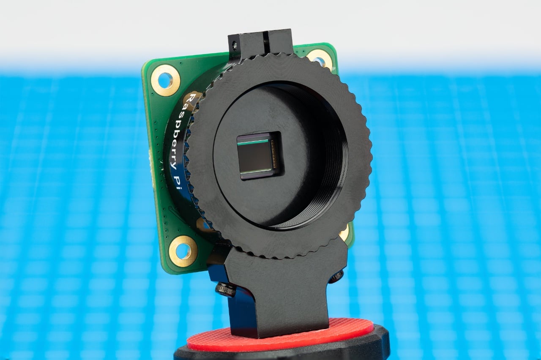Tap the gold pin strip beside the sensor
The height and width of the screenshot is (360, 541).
(x=274, y=154)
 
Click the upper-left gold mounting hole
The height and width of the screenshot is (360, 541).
(x=166, y=80)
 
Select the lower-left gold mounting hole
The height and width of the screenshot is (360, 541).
(x=183, y=251)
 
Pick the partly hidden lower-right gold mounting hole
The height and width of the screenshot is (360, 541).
(x=344, y=233)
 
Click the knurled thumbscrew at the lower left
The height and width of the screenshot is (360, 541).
(x=225, y=289)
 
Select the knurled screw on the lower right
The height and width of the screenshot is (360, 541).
(x=337, y=276)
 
